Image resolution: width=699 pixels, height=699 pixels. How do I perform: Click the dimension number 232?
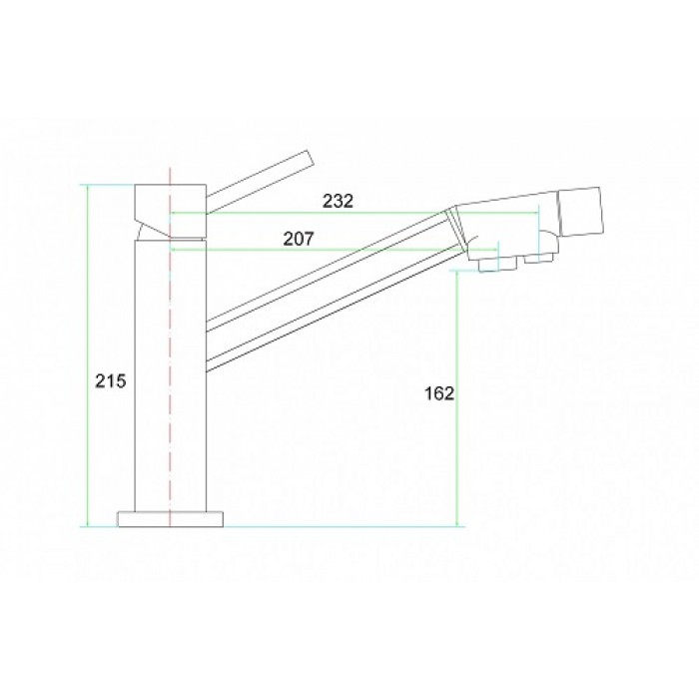(x=339, y=201)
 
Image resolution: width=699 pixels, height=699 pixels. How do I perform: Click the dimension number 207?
(x=300, y=239)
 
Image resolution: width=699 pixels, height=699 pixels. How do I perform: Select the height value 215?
(x=109, y=380)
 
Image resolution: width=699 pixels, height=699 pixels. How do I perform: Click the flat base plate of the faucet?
(x=171, y=519)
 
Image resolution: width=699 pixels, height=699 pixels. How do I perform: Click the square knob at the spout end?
(x=580, y=212)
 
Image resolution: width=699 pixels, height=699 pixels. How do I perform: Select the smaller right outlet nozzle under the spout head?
(x=541, y=259)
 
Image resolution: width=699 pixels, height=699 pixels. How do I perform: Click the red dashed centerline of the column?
(x=172, y=399)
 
